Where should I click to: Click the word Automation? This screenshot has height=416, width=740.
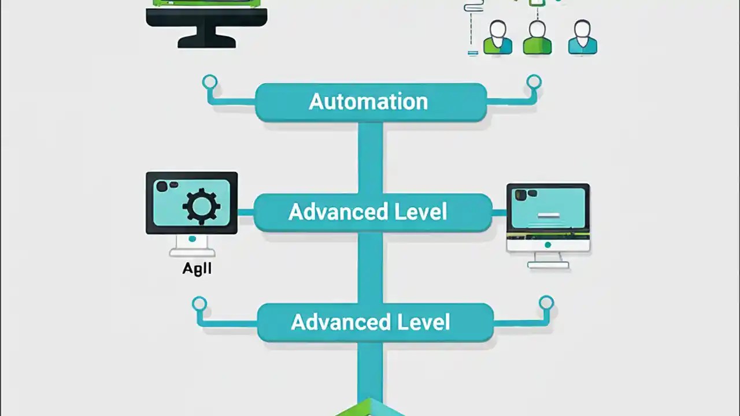[x=368, y=102]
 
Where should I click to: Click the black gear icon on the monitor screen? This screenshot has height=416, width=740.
[x=201, y=206]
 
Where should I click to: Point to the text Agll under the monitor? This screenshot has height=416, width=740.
[x=197, y=269]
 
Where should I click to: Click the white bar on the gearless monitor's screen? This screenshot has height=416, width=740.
[x=548, y=216]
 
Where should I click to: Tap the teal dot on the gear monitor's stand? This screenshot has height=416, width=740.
[x=192, y=239]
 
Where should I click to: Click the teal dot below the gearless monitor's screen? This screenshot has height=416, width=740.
[x=547, y=245]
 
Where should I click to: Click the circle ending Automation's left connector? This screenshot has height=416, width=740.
[x=210, y=82]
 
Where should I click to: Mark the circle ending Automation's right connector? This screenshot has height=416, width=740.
[x=534, y=82]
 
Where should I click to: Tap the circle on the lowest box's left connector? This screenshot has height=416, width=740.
[x=199, y=303]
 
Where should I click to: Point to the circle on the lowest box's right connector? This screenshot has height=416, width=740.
[x=546, y=302]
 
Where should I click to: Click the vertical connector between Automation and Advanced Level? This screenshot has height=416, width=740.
[x=370, y=157]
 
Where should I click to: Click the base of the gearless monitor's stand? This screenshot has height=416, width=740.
[x=548, y=265]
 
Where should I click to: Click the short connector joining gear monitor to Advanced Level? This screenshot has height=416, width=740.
[x=246, y=213]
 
